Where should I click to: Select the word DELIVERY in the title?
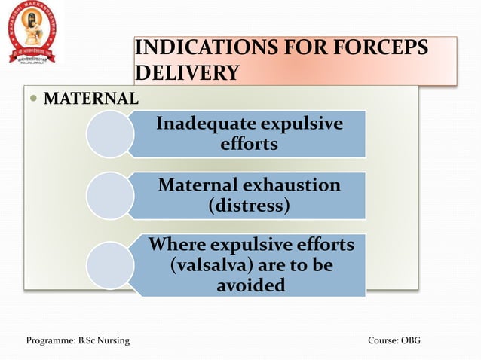(x=187, y=73)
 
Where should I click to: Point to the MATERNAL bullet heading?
(x=90, y=98)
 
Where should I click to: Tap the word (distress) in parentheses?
(x=249, y=205)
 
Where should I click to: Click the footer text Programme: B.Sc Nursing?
(x=78, y=341)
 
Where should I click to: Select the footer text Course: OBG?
(x=394, y=341)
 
